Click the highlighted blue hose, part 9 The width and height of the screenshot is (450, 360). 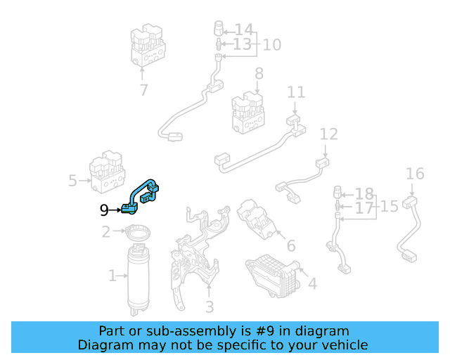click(x=135, y=194)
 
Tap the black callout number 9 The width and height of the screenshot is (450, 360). click(x=104, y=210)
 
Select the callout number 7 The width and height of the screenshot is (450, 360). click(x=143, y=90)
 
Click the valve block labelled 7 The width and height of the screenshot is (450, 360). click(x=148, y=46)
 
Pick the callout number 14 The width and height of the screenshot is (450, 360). click(x=244, y=30)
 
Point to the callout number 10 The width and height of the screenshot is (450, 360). click(x=272, y=45)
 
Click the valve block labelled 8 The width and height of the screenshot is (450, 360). click(x=248, y=112)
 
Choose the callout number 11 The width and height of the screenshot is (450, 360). click(x=296, y=92)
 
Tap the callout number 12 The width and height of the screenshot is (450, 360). click(x=328, y=134)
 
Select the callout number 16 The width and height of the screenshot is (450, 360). click(x=415, y=174)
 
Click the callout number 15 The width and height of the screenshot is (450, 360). click(x=389, y=207)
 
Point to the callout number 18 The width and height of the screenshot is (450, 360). click(x=364, y=194)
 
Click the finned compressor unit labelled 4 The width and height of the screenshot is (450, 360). click(x=273, y=276)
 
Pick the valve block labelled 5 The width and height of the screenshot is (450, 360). click(x=107, y=172)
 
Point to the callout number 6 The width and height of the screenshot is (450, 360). click(x=291, y=245)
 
